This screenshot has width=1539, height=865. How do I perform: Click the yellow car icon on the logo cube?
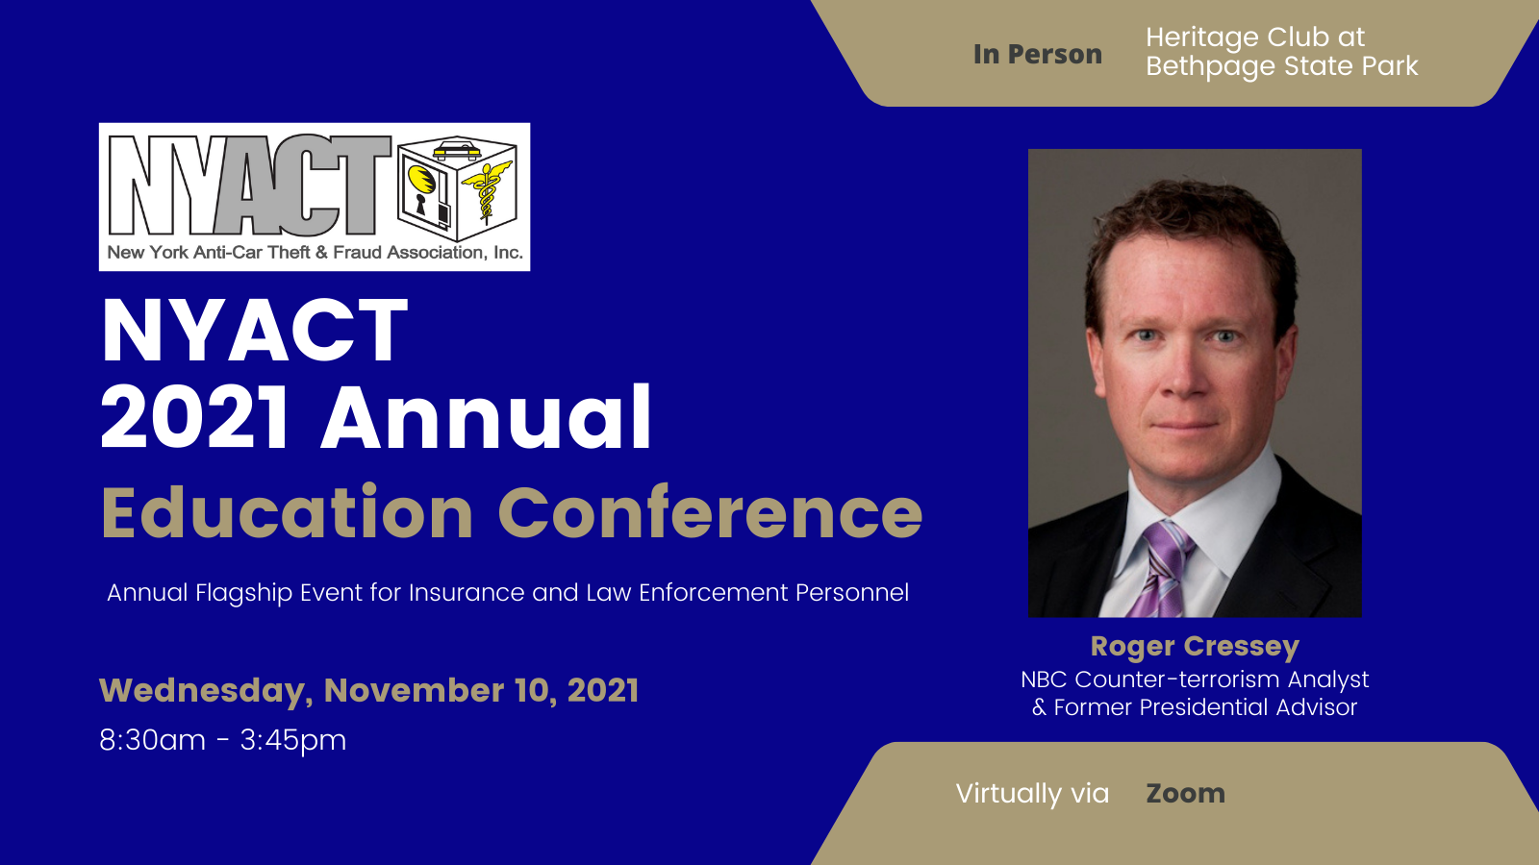[456, 149]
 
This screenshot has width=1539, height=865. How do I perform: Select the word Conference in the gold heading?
[711, 513]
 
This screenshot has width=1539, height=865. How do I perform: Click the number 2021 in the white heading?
[194, 417]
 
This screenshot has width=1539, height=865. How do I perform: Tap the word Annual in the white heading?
[486, 417]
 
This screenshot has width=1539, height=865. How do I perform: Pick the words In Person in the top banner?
[1038, 54]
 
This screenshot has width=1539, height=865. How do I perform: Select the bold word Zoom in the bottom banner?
[1186, 794]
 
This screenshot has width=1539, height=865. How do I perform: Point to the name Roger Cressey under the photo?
[1195, 647]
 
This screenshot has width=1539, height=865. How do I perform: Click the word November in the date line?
[414, 690]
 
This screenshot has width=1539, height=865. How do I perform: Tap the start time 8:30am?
[153, 740]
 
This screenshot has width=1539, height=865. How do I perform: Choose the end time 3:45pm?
[293, 741]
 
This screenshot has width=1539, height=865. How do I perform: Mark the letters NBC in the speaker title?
[1044, 680]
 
